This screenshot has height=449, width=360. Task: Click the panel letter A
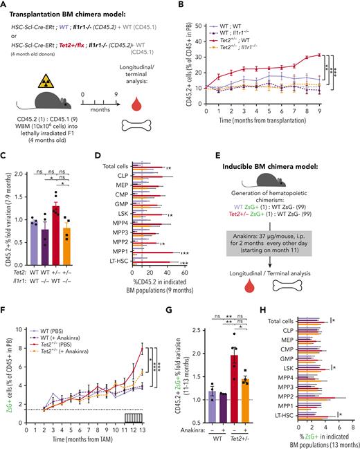coord(6,6)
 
